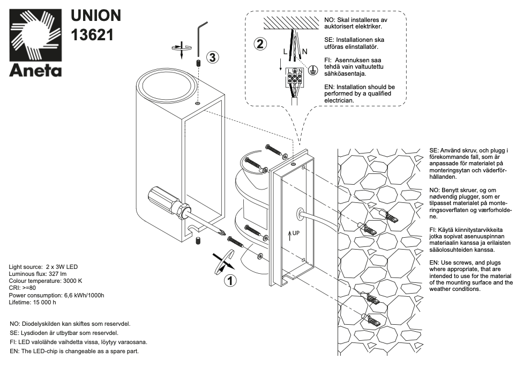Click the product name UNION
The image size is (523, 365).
(96, 16)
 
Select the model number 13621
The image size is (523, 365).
(92, 35)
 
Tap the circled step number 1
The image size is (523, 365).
(229, 280)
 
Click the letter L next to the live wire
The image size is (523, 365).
(285, 52)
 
